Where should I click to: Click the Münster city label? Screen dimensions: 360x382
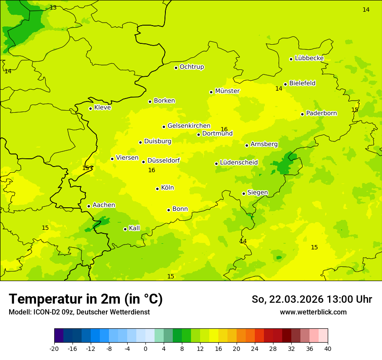click(227, 91)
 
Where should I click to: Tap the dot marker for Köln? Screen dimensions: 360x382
click(157, 189)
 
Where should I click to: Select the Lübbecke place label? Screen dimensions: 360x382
click(309, 58)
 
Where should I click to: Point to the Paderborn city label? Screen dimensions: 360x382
click(321, 113)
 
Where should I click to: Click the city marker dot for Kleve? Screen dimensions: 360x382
click(90, 108)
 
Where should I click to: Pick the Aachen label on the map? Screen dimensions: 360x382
click(104, 205)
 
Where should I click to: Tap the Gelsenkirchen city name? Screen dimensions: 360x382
click(189, 126)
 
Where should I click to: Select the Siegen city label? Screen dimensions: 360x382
click(257, 193)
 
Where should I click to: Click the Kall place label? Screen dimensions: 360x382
click(134, 228)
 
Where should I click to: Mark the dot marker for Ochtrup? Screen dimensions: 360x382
click(176, 68)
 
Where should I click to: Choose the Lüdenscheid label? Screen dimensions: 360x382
click(239, 163)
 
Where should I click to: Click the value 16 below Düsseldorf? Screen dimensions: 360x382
click(151, 170)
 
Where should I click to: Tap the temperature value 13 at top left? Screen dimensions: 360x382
click(53, 8)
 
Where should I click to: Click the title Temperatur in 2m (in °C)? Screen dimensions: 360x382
click(86, 299)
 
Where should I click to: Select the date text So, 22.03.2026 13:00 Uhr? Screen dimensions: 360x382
click(312, 299)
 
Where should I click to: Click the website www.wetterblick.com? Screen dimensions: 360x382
click(313, 312)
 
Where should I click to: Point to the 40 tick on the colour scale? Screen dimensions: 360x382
click(328, 348)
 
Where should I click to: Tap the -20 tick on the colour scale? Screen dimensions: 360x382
click(54, 348)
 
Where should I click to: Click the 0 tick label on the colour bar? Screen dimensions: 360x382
click(145, 348)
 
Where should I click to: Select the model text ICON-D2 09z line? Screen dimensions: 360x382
click(79, 312)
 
